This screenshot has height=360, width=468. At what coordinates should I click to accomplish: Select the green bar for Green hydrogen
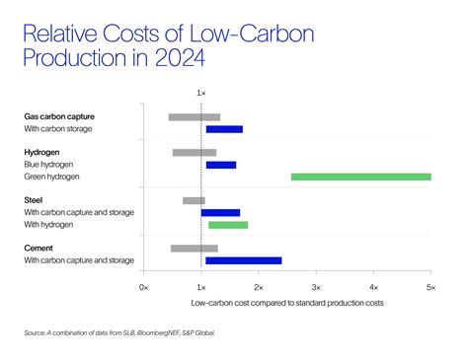[x=360, y=177]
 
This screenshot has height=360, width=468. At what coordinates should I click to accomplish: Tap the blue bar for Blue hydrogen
[x=220, y=165]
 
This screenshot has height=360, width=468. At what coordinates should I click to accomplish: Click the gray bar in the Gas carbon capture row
[x=194, y=116]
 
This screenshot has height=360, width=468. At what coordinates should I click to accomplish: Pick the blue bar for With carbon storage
[x=223, y=129]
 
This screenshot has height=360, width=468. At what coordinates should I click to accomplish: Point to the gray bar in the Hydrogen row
[x=194, y=153]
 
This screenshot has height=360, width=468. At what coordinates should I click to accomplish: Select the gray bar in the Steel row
[x=194, y=200]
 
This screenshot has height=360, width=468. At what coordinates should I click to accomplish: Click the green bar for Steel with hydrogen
[x=228, y=224]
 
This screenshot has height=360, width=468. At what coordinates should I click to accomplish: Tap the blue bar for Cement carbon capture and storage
[x=243, y=260]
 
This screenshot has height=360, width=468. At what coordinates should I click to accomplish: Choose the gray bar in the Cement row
[x=194, y=249]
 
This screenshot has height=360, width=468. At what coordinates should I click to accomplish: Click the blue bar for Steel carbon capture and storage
[x=220, y=212]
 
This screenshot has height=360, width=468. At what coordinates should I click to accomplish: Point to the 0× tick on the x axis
[x=144, y=286]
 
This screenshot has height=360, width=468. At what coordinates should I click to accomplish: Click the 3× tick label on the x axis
[x=316, y=286]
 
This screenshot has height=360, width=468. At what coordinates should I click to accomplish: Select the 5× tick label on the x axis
[x=429, y=286]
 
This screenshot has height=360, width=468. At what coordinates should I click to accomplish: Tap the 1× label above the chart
[x=201, y=93]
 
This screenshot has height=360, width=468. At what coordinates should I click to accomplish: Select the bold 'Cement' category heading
[x=40, y=248]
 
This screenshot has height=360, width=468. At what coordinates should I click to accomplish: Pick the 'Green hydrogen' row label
[x=52, y=177]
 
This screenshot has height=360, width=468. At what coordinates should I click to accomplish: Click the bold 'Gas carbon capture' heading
[x=65, y=116]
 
